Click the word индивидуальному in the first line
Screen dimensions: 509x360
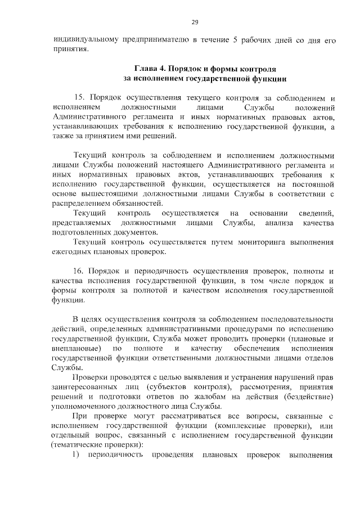click(84, 40)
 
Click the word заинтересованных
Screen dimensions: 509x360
click(85, 388)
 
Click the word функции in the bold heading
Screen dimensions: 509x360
click(270, 79)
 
